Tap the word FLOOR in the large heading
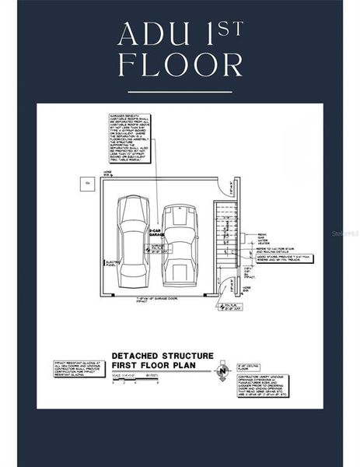(180, 65)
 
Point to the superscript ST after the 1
(231, 28)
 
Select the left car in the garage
(132, 241)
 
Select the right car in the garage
(179, 245)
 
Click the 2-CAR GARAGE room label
(154, 233)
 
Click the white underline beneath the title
(180, 91)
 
